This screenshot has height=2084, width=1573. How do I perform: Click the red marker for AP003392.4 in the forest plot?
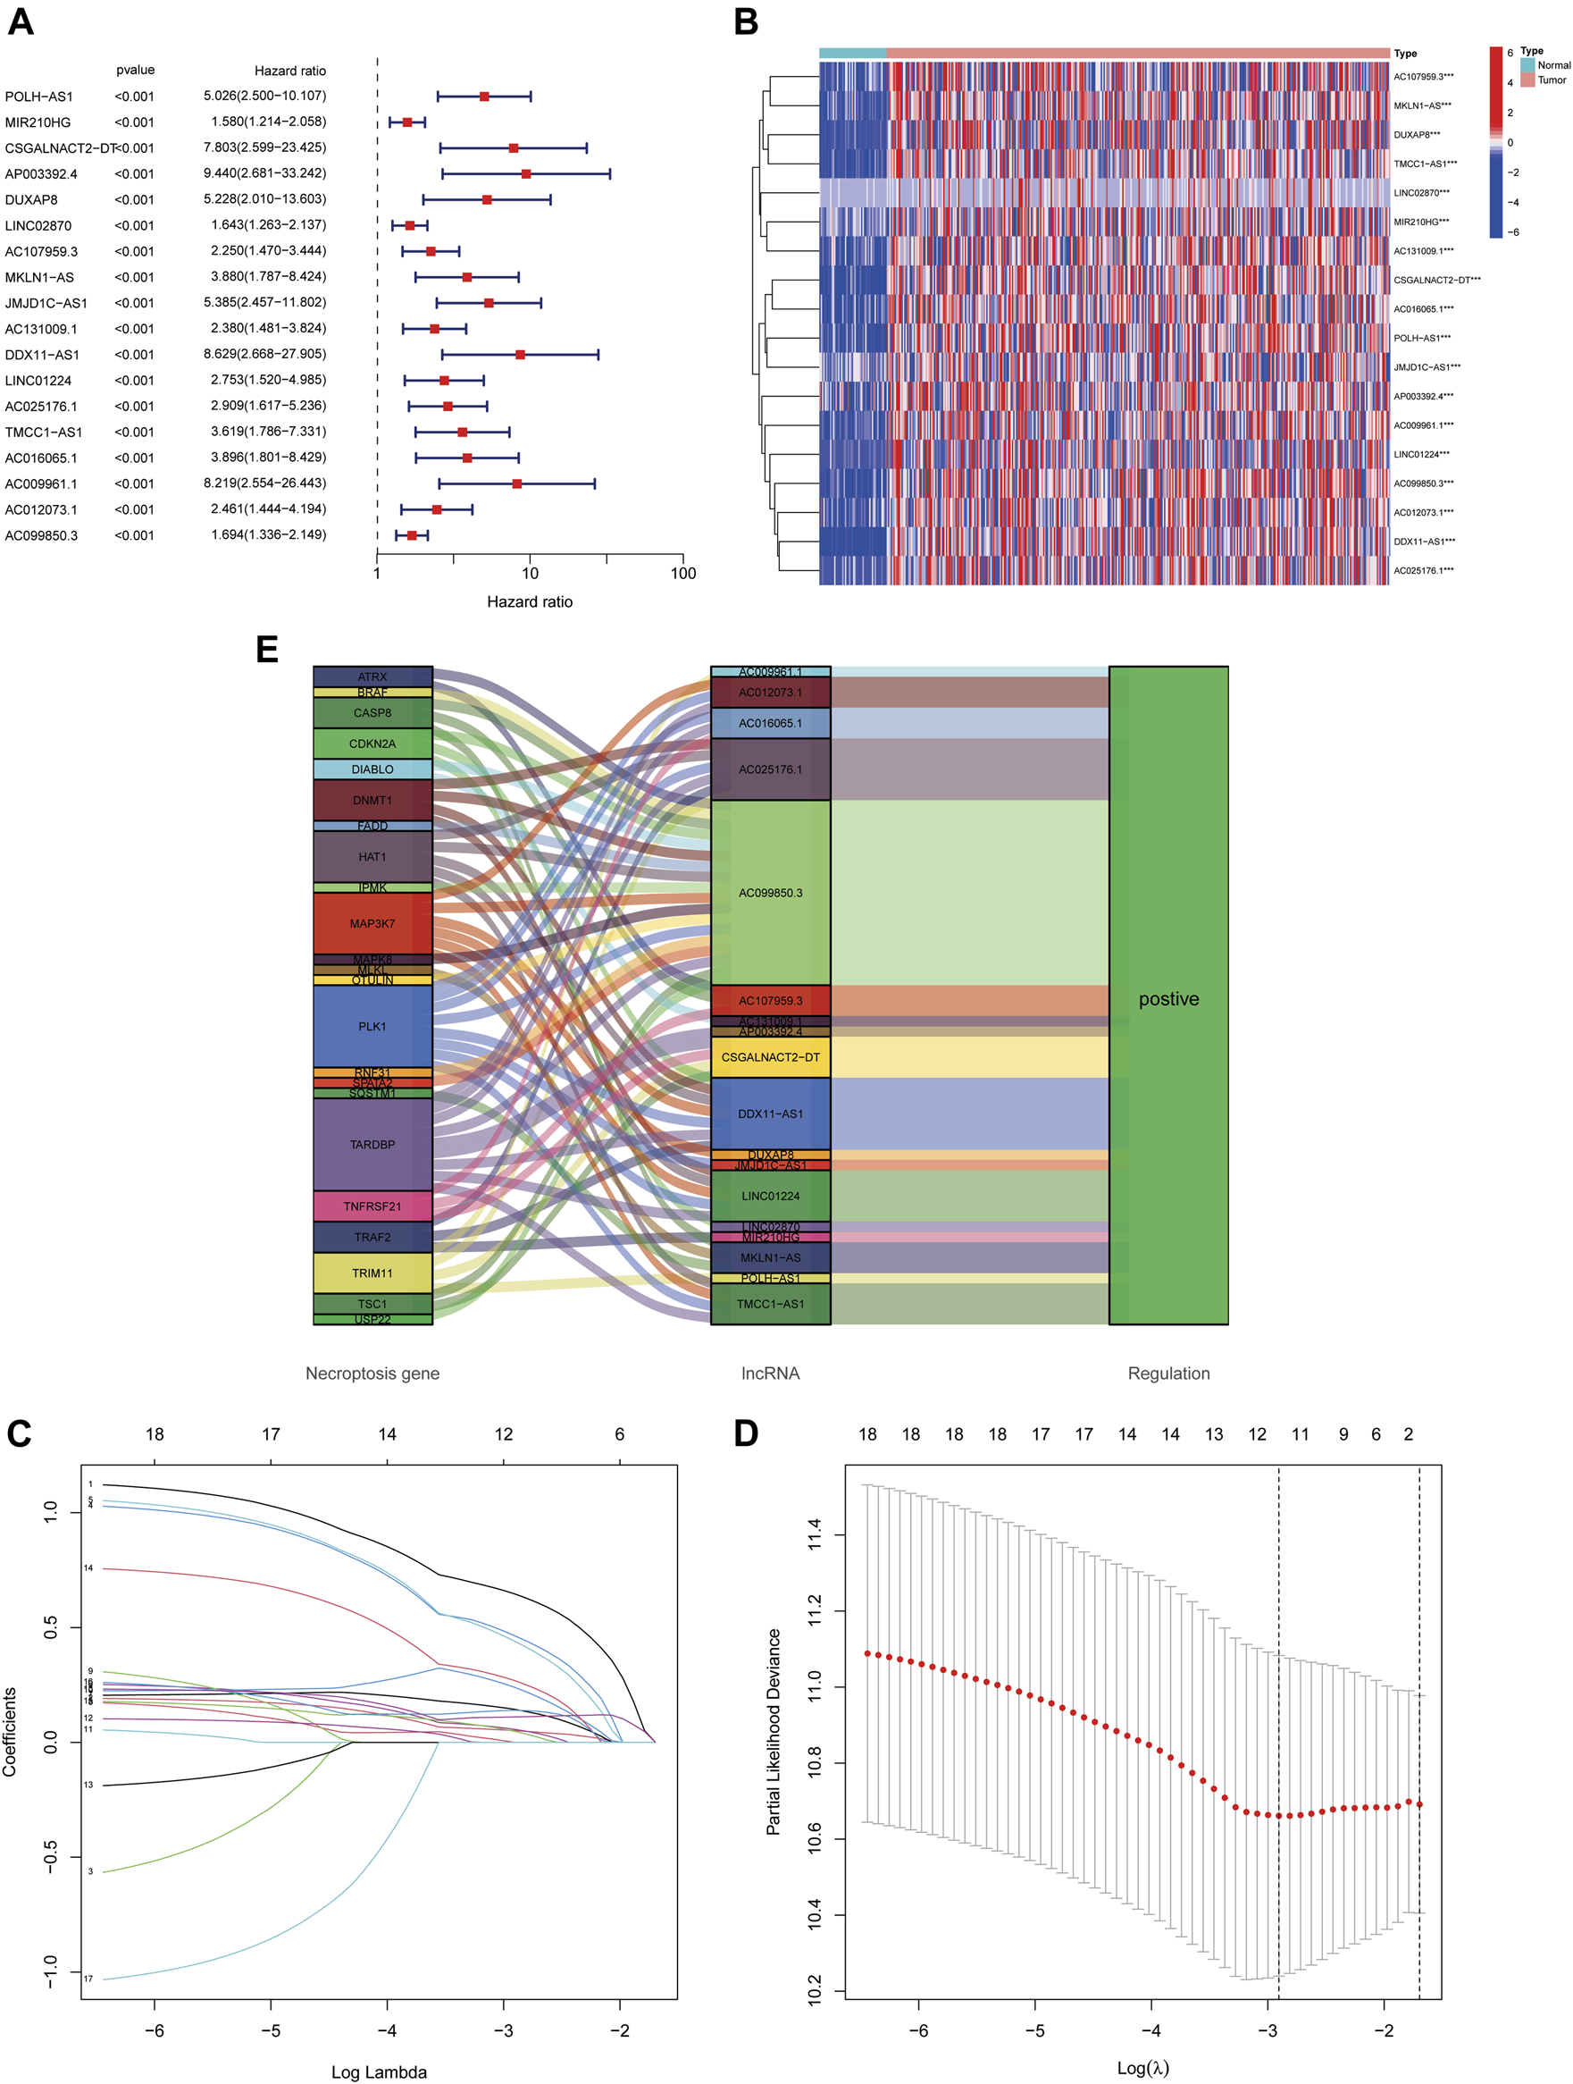coord(525,174)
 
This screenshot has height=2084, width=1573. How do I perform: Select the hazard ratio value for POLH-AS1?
coord(264,97)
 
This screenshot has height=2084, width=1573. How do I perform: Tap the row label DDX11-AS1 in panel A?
coord(42,355)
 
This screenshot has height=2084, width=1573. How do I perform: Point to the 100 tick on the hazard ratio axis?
coord(683,573)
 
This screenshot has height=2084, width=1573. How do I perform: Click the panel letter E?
coord(266,650)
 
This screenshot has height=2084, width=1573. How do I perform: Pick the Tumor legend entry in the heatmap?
coord(1552,80)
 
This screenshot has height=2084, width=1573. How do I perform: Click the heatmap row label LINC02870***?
coord(1420,193)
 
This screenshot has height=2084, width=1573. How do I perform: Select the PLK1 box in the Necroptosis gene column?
coord(372,1026)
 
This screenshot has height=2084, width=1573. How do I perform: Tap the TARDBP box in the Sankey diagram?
coord(372,1145)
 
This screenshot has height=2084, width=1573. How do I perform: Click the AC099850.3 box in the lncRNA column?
coord(771,892)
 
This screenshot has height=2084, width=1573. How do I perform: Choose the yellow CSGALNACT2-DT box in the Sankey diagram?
coord(771,1057)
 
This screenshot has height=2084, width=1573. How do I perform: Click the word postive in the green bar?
coord(1168,999)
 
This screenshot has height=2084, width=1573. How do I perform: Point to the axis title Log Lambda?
coord(379,2071)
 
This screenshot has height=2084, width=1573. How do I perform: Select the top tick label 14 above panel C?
coord(387,1435)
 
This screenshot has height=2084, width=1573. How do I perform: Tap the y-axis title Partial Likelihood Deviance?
coord(774,1732)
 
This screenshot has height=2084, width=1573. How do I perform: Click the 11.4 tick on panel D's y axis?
coord(815,1534)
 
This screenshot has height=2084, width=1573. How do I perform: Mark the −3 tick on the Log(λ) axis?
coord(1267,2030)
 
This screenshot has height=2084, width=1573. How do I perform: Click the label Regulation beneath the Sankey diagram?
coord(1168,1374)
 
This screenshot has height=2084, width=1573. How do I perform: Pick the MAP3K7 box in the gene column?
coord(372,923)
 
